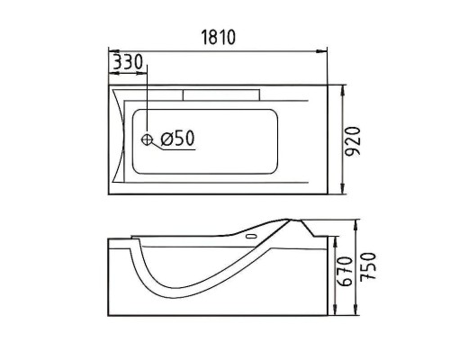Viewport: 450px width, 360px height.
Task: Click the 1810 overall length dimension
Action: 218,37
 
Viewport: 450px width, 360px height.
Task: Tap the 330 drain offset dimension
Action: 127,62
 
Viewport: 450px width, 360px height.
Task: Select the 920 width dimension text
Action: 352,141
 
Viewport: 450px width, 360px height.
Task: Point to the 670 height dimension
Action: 345,271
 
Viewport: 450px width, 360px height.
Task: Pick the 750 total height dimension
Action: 368,266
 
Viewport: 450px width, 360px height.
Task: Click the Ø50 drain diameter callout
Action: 177,139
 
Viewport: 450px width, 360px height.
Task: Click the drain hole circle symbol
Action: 147,139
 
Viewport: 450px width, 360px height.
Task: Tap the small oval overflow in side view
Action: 251,237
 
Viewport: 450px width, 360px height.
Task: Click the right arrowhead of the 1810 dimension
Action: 322,51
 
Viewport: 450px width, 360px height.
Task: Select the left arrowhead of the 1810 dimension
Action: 113,51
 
